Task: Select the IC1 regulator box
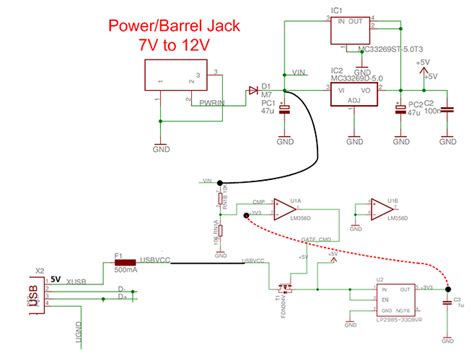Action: point(358,33)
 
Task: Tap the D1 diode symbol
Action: point(251,91)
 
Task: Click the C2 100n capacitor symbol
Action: point(446,110)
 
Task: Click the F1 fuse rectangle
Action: point(126,263)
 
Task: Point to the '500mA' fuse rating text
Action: point(125,271)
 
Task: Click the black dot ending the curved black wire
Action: point(220,183)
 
